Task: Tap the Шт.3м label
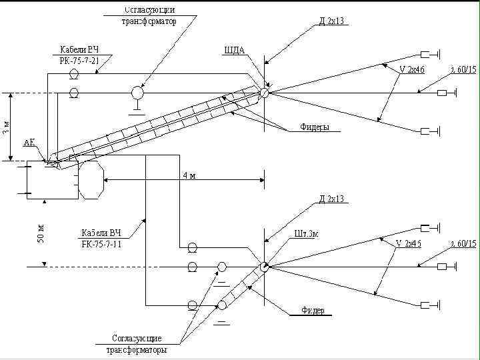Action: coord(307,234)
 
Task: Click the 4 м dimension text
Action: coord(189,176)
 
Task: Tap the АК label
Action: coord(29,143)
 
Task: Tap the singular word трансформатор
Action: coord(149,21)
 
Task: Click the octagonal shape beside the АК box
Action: coord(91,179)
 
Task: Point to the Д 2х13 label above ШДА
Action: coord(331,21)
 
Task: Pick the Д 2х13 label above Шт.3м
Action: coord(331,199)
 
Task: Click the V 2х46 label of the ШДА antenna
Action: coord(411,69)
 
